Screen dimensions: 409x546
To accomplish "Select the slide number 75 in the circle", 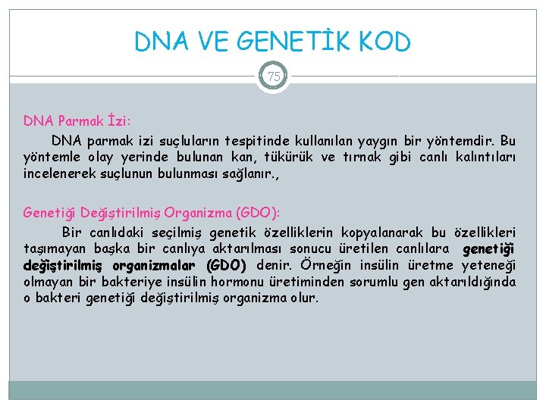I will click(273, 76).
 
